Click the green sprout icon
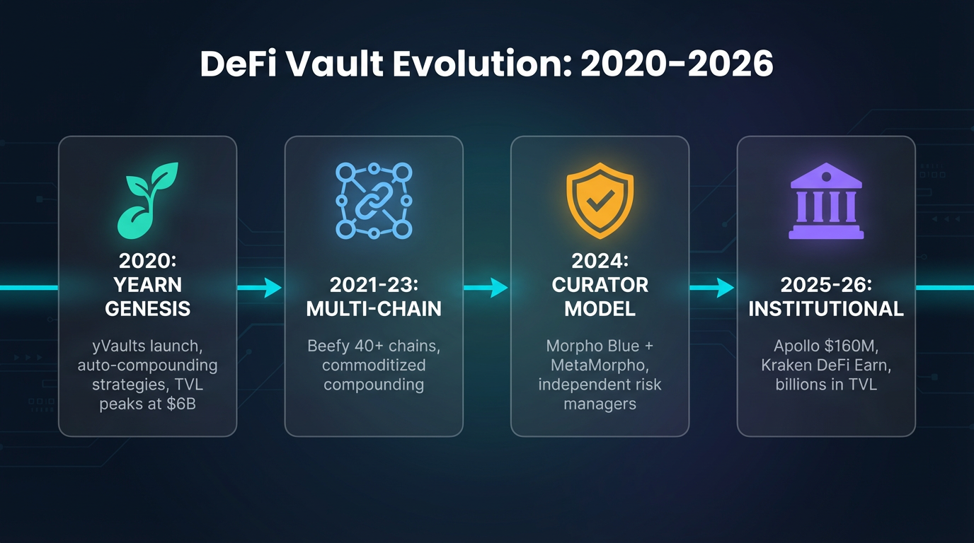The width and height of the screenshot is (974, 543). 147,199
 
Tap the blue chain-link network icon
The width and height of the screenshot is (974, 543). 374,200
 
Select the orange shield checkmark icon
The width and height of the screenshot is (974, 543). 600,200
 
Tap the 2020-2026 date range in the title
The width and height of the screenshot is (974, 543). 676,64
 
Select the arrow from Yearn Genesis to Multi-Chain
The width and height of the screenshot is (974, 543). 260,288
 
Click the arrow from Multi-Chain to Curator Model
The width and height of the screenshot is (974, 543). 486,288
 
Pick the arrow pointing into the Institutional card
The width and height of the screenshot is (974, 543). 713,288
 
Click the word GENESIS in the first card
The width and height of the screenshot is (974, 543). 147,308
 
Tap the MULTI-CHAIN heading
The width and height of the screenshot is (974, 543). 374,308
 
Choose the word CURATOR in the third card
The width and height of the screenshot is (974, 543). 600,285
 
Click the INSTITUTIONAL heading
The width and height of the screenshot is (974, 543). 826,308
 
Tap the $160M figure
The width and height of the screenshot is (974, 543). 855,347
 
